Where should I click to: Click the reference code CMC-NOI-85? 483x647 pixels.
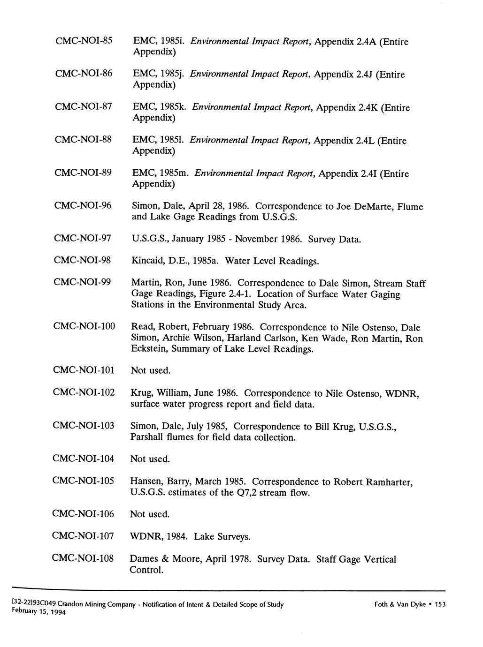coord(84,41)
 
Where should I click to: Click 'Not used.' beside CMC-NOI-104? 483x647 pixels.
coord(150,459)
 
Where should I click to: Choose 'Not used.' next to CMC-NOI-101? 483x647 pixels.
coord(150,370)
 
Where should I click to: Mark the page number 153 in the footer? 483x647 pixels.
coord(439,604)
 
